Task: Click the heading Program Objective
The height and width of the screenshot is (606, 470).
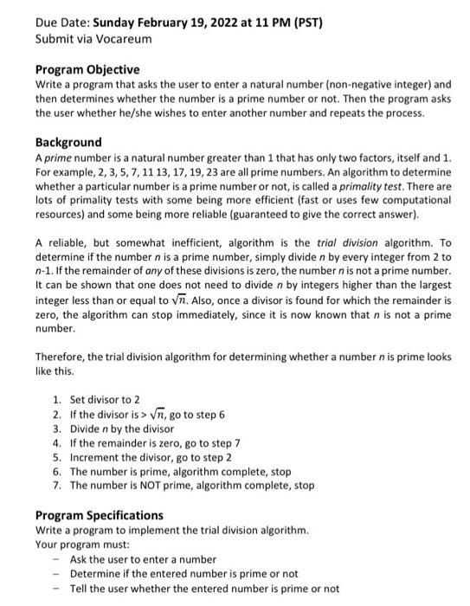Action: click(87, 69)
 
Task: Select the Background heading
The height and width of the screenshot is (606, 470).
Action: click(68, 142)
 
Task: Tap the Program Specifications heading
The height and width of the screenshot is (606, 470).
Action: click(99, 516)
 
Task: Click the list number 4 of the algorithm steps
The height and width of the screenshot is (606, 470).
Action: click(56, 443)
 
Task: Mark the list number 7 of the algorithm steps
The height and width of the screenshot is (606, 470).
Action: click(56, 486)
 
